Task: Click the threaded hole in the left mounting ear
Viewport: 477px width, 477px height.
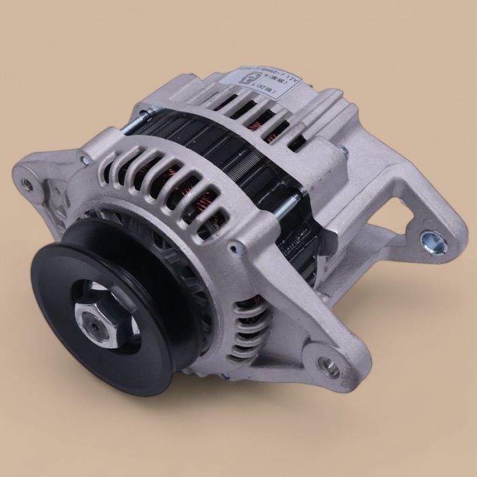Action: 28,183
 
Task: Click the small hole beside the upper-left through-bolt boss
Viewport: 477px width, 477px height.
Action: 82,161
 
